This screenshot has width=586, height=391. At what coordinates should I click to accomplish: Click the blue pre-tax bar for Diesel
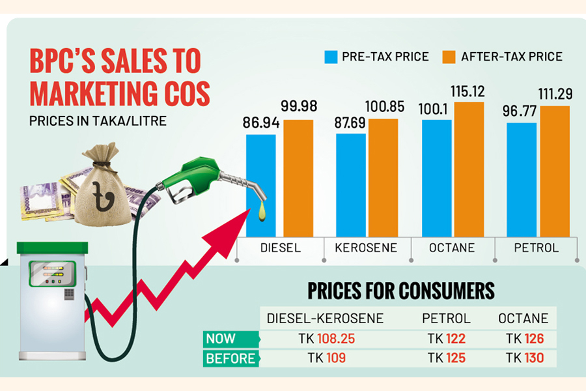pos(260,185)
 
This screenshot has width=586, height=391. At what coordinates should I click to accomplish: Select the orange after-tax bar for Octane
pos(469,169)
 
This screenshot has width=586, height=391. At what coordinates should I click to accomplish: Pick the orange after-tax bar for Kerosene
pos(383,177)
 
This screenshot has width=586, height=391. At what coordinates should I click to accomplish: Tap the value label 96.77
pos(520,111)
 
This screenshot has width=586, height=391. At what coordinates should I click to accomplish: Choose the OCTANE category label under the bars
pos(452,248)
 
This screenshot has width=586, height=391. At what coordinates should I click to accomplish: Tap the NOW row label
pos(221,339)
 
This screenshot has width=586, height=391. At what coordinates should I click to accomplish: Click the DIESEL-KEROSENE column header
pos(326,319)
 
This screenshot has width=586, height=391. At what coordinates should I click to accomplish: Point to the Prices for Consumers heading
pos(400,290)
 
